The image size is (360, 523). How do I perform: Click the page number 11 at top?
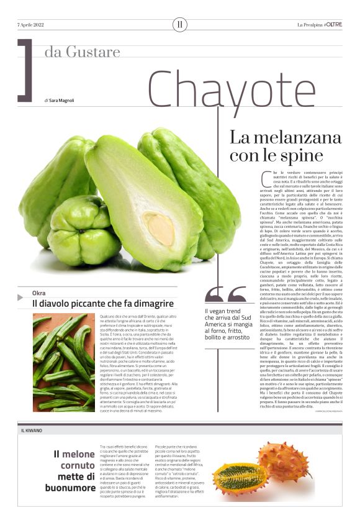coord(180,25)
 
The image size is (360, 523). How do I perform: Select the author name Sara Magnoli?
coord(63,100)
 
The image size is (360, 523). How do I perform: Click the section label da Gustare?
coord(82,51)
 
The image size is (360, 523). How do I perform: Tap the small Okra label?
coord(40,293)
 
